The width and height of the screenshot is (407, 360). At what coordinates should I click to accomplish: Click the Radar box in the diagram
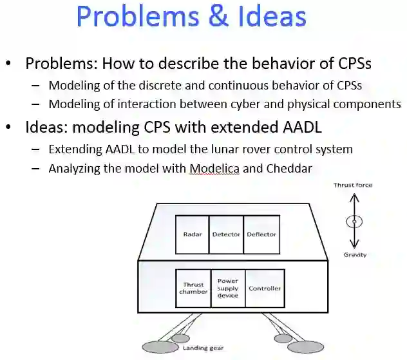(x=192, y=234)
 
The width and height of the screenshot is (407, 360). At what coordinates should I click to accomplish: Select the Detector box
(x=226, y=234)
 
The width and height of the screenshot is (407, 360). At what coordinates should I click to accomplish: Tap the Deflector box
(x=261, y=234)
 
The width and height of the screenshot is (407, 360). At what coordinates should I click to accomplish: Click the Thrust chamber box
(x=193, y=288)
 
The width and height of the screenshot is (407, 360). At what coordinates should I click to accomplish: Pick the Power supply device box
(x=227, y=288)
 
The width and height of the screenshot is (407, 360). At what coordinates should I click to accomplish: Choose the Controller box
(x=265, y=288)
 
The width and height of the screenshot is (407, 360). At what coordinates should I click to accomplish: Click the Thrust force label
(x=353, y=185)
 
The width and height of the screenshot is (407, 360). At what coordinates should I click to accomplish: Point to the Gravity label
(x=355, y=254)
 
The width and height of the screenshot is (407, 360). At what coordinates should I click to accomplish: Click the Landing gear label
(x=203, y=348)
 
